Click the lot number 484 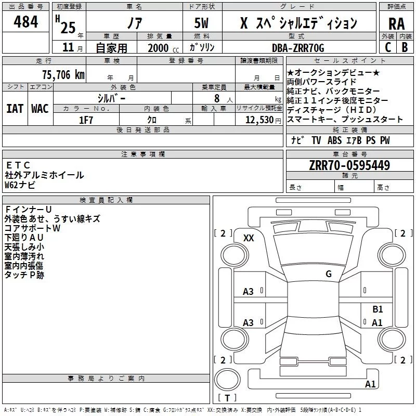click(25, 21)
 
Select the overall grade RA click(396, 24)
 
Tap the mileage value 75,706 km click(63, 75)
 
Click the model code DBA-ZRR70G click(298, 48)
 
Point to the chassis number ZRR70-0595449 click(349, 165)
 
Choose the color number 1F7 click(86, 120)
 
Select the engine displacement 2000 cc click(163, 48)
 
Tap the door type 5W click(201, 23)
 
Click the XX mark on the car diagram click(249, 238)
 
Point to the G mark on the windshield click(329, 274)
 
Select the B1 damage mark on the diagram click(378, 309)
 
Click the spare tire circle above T click(227, 380)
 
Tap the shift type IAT click(15, 109)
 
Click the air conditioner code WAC click(40, 109)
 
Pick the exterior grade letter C click(388, 47)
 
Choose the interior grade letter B click(405, 47)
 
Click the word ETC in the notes click(18, 165)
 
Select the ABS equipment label click(334, 140)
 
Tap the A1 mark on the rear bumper click(370, 384)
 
